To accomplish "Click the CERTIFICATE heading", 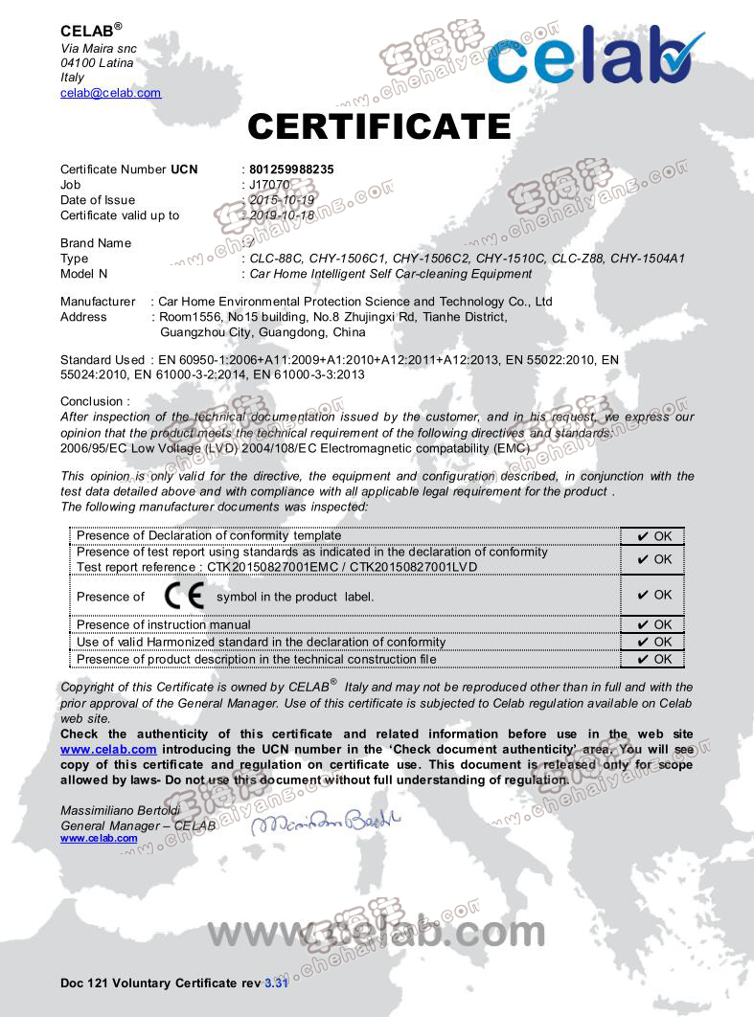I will (378, 126).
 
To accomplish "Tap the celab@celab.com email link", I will (110, 93).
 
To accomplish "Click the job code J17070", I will (269, 185).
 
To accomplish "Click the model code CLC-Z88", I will (574, 259).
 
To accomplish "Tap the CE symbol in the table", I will (184, 596).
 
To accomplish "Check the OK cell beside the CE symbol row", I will (653, 595).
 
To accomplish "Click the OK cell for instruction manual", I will (653, 625).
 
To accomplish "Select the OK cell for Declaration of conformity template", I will (653, 536).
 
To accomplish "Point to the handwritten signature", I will (326, 822).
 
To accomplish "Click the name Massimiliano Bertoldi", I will (120, 811).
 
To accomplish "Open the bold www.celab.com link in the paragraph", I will (108, 750).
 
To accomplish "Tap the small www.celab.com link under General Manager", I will (99, 839).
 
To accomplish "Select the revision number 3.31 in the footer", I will (276, 983).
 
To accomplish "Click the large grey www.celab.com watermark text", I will (377, 931).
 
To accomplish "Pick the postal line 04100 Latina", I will (97, 63).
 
